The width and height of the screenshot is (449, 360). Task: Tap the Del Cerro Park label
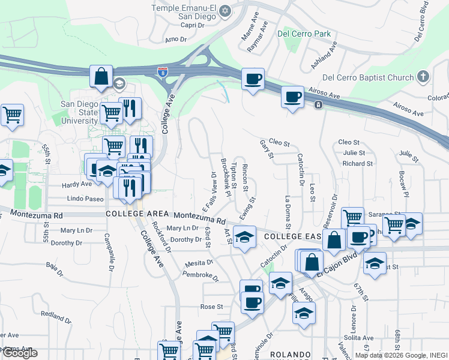304,34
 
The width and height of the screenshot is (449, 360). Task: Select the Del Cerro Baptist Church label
368,77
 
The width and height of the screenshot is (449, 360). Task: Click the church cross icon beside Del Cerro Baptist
423,77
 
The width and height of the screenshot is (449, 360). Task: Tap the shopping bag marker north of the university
101,77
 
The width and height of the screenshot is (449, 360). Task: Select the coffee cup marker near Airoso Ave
292,97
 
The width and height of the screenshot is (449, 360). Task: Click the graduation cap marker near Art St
244,238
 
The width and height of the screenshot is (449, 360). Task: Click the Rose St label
211,306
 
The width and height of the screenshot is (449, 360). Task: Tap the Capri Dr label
193,25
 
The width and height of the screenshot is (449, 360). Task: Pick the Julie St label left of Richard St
354,153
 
